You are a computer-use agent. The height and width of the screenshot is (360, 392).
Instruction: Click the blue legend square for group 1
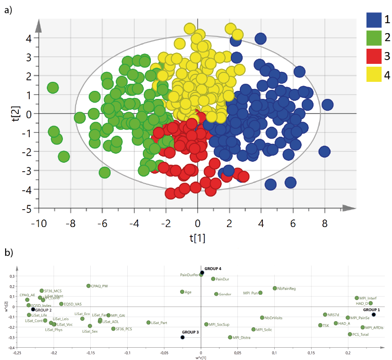374,20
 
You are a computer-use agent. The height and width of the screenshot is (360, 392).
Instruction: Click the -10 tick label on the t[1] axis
38,222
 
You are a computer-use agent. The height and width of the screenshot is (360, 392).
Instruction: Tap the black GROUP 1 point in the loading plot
374,315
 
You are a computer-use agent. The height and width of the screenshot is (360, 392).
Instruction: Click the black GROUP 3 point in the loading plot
183,337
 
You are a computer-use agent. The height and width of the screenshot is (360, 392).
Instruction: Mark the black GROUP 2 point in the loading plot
33,309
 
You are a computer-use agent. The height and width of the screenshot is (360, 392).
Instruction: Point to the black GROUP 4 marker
202,272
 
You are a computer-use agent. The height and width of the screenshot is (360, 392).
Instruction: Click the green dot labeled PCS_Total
350,334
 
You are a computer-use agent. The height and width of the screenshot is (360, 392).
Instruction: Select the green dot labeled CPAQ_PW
88,286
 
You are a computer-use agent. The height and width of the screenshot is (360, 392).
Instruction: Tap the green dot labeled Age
182,292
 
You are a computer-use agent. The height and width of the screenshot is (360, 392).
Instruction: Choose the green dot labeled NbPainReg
275,288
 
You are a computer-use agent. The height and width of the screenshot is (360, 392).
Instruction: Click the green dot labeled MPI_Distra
230,337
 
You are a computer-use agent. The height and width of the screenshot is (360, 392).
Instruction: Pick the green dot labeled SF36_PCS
113,329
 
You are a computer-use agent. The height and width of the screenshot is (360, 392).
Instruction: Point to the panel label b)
8,253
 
